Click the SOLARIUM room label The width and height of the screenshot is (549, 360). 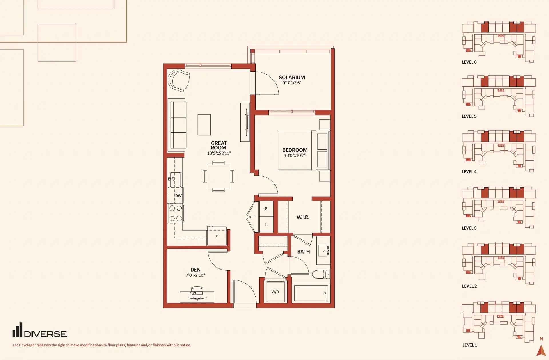(x=292, y=77)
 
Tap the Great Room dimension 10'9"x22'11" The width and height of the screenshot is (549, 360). (x=219, y=153)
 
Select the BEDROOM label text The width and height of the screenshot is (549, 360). (x=295, y=150)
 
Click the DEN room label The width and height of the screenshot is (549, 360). (x=195, y=270)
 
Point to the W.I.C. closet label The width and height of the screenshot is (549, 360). (x=303, y=217)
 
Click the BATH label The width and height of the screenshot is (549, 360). (x=303, y=252)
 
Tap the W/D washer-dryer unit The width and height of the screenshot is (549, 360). (x=276, y=292)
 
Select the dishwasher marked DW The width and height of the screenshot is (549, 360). (x=175, y=195)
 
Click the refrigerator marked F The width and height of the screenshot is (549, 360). (x=217, y=236)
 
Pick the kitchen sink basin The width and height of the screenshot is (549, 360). (x=176, y=180)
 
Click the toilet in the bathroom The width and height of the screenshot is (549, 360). (x=321, y=274)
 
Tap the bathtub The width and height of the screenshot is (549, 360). (x=311, y=293)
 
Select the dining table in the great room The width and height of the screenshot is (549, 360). (x=218, y=176)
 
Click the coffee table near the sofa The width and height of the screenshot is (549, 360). (x=204, y=125)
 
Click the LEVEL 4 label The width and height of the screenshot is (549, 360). (x=469, y=172)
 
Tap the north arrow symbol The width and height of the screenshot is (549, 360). (x=541, y=350)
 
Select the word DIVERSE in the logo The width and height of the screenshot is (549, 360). (x=45, y=334)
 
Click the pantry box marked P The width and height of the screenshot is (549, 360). (x=266, y=209)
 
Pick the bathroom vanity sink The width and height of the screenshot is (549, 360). (x=323, y=250)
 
